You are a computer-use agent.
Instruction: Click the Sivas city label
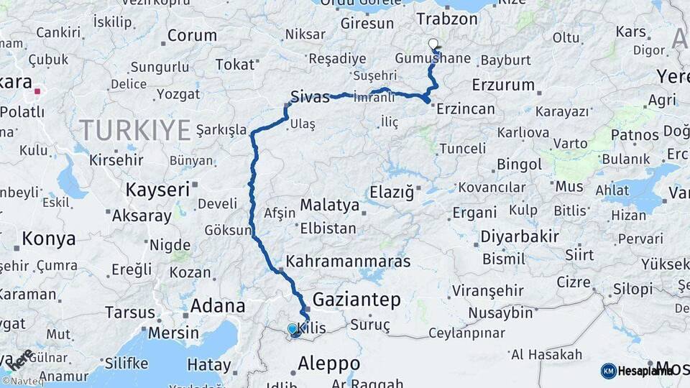pos(310,97)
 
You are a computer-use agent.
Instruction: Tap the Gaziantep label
pos(356,300)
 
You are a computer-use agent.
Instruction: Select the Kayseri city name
pos(157,190)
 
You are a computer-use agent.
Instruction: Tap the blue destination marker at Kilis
pos(293,330)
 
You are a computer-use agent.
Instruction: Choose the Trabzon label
pos(447,19)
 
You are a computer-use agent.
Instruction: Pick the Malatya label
pos(329,205)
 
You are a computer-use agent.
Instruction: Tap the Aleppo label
pos(328,363)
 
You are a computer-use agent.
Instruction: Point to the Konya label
pos(49,239)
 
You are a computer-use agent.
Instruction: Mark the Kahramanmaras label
pos(348,261)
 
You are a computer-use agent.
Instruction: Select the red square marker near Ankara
pos(37,92)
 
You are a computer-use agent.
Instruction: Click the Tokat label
pos(235,65)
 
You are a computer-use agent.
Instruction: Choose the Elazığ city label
pos(392,193)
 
